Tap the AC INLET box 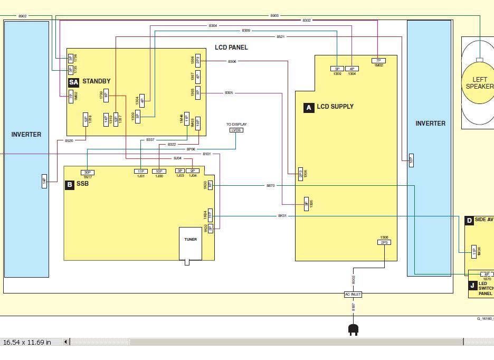[353, 294]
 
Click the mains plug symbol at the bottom [353, 330]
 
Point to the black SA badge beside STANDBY [73, 82]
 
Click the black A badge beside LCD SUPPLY [309, 107]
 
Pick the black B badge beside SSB [69, 185]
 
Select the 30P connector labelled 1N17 [88, 172]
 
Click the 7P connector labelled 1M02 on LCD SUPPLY [378, 61]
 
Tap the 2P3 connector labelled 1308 [384, 242]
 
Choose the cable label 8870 [270, 186]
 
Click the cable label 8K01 [282, 216]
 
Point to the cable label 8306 [232, 61]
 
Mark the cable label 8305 [229, 93]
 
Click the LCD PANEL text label [231, 48]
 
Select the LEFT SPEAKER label [479, 83]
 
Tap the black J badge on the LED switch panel [472, 286]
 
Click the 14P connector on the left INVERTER [44, 181]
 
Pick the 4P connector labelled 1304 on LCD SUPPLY [352, 69]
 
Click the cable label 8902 [22, 16]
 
